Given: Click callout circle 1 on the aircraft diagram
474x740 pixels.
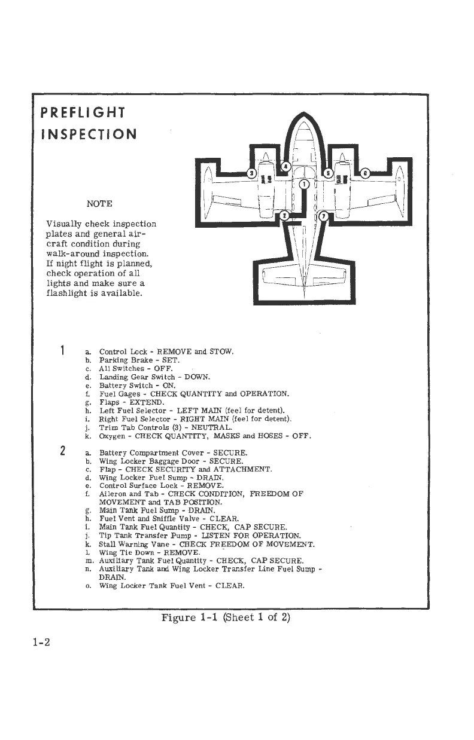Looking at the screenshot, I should point(304,184).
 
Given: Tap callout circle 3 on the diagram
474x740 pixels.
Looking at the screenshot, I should point(252,173).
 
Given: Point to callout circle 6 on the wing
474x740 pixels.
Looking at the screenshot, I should point(365,173).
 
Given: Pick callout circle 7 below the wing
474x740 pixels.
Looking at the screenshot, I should point(323,215).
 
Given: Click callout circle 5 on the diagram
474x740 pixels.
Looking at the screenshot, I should point(327,173).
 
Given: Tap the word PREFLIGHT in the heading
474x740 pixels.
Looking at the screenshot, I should point(82,112).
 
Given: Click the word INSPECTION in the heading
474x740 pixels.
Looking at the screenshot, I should point(89,133).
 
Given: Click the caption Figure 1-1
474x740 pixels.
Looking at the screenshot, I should point(192,617).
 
